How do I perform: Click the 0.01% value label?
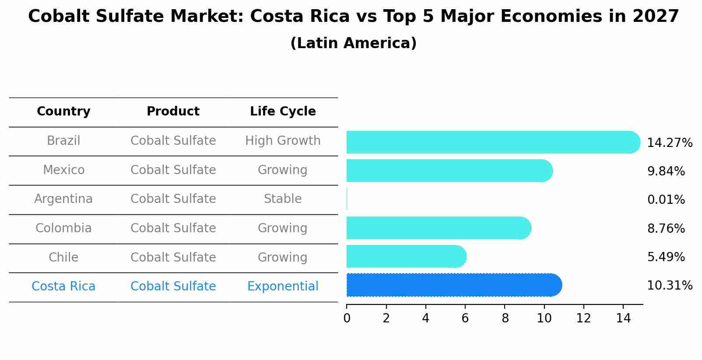tap(666, 200)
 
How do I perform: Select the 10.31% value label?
tap(669, 286)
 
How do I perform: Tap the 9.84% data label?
tap(666, 171)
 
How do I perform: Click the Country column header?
tap(63, 112)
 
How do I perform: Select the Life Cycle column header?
tap(283, 112)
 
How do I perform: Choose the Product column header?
tap(173, 112)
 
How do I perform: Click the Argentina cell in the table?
tap(63, 199)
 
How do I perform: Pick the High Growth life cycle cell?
tap(283, 141)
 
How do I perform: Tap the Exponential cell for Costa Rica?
tap(283, 287)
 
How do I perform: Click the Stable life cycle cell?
tap(283, 199)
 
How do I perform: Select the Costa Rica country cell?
tap(63, 287)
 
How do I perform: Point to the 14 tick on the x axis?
tap(623, 318)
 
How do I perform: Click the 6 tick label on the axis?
tap(465, 318)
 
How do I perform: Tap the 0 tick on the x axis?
tap(347, 318)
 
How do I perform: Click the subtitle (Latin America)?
tap(353, 43)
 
